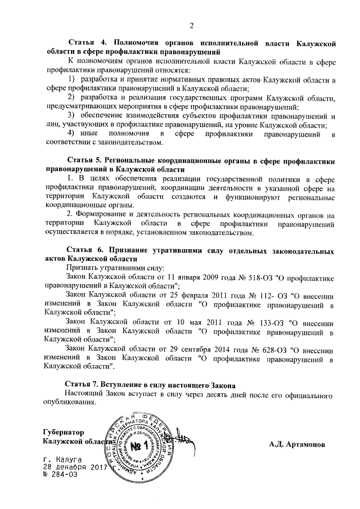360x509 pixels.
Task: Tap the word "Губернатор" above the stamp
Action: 63,432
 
